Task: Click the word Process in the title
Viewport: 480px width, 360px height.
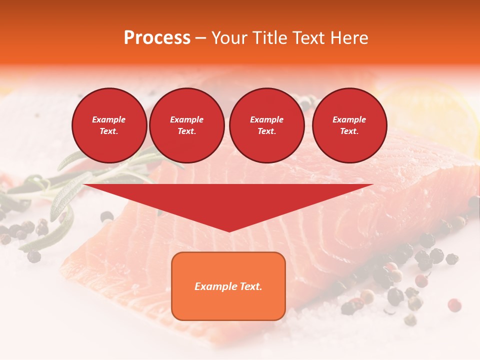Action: pyautogui.click(x=157, y=38)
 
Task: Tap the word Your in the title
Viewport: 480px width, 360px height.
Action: pyautogui.click(x=231, y=38)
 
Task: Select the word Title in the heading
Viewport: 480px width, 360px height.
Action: pyautogui.click(x=271, y=38)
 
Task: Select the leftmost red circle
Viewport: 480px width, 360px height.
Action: pyautogui.click(x=109, y=125)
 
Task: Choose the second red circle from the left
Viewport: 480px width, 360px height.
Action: pyautogui.click(x=186, y=125)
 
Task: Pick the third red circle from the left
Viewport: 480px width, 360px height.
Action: pyautogui.click(x=266, y=125)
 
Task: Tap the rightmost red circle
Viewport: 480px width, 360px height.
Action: pyautogui.click(x=349, y=125)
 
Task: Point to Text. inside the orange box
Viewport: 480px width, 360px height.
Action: pyautogui.click(x=250, y=286)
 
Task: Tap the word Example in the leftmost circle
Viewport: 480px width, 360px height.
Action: pyautogui.click(x=109, y=119)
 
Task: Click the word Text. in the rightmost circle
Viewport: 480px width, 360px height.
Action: pyautogui.click(x=349, y=131)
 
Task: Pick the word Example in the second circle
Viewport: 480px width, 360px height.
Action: pyautogui.click(x=186, y=119)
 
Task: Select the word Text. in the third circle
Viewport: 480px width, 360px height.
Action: pyautogui.click(x=266, y=131)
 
